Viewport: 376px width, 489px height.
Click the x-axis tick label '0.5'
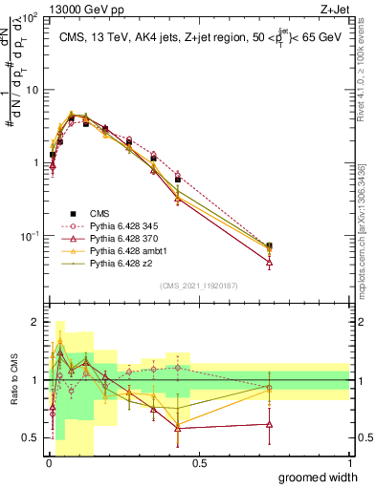pyautogui.click(x=199, y=462)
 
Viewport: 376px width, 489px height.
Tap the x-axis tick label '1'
pyautogui.click(x=349, y=462)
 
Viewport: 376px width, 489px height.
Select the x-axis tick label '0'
pyautogui.click(x=49, y=462)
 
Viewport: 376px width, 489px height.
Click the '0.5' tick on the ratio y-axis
pyautogui.click(x=30, y=438)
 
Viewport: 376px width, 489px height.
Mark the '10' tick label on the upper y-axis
pyautogui.click(x=28, y=90)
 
